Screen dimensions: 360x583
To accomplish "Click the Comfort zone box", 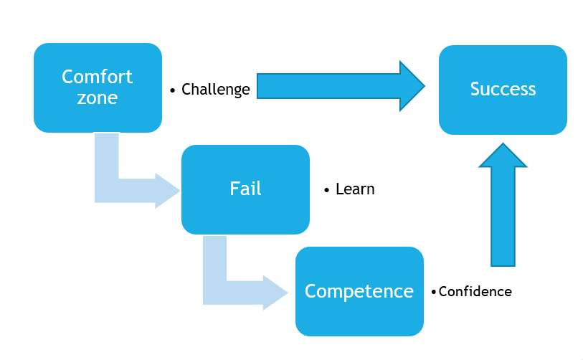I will [x=98, y=87].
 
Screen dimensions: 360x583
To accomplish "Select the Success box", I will [x=503, y=90].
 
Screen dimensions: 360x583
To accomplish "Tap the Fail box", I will [x=245, y=189].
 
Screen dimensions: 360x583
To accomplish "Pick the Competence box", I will [x=359, y=291].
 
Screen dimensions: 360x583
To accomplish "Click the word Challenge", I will [x=216, y=90].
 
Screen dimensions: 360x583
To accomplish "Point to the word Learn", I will [x=355, y=189].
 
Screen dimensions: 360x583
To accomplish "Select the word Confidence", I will [x=475, y=292].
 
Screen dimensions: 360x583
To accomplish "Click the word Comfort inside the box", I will [x=98, y=77].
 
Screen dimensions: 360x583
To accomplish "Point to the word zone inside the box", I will [x=98, y=98].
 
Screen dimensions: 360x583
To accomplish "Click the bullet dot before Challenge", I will [x=173, y=90].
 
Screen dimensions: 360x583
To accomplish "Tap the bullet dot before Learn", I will [x=327, y=190].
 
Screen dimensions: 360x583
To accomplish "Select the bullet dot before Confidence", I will [x=433, y=293].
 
